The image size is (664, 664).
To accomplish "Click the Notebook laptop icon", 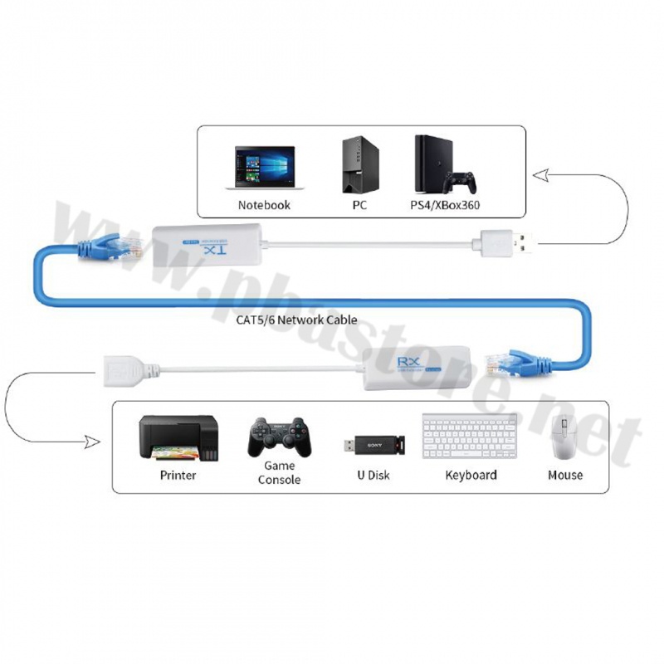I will [264, 168].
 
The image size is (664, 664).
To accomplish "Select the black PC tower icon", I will [359, 164].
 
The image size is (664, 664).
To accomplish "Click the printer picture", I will [178, 437].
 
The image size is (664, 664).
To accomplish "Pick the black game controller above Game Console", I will [279, 437].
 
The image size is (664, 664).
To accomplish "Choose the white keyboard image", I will [470, 437].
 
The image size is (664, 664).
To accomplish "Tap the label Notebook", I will [264, 205].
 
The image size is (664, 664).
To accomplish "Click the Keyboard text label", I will [471, 476].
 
